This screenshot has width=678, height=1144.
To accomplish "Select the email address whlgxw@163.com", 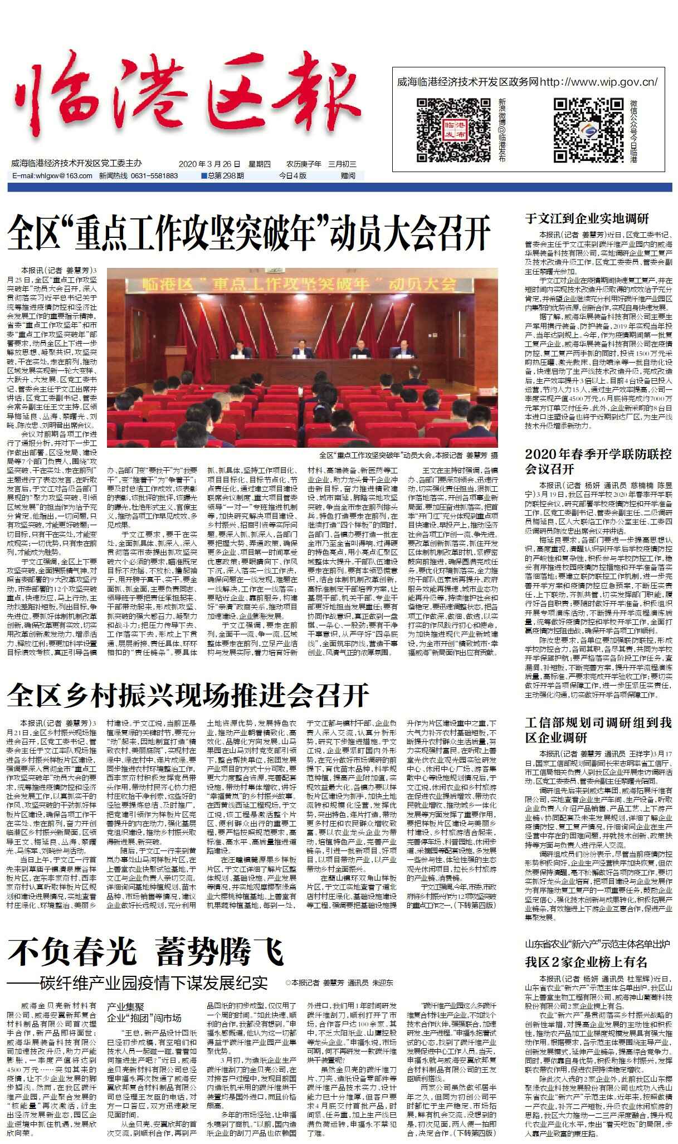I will (x=52, y=175).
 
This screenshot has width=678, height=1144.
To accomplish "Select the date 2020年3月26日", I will (x=209, y=164).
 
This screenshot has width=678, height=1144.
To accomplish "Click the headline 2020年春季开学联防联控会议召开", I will (x=598, y=460).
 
